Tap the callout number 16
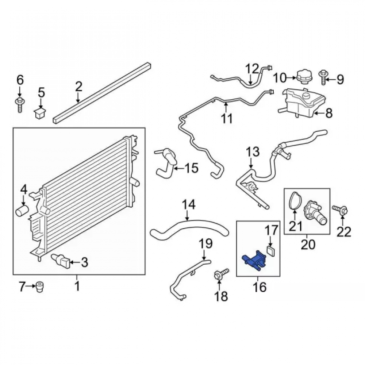(x=260, y=287)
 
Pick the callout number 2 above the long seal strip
(x=79, y=87)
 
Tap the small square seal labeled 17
(x=270, y=251)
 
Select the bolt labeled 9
(x=323, y=77)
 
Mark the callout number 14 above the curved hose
(x=189, y=205)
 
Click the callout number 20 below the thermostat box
(x=308, y=245)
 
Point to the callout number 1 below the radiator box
(x=77, y=286)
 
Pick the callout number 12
(x=252, y=69)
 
